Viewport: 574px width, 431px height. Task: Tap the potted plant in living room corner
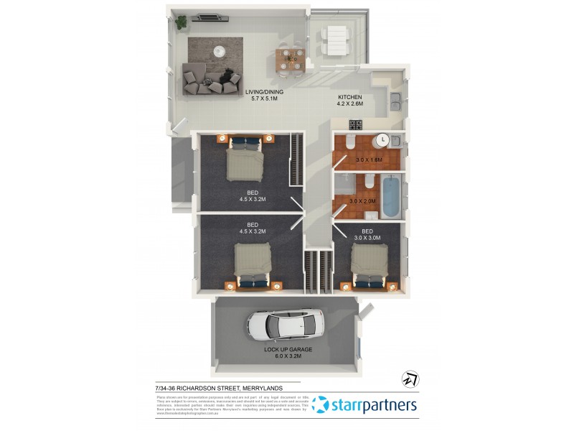point(181,22)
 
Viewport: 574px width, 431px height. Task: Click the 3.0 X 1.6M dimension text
point(367,159)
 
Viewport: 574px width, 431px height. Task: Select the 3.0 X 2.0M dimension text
point(362,201)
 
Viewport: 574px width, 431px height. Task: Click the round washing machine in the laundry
point(383,140)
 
